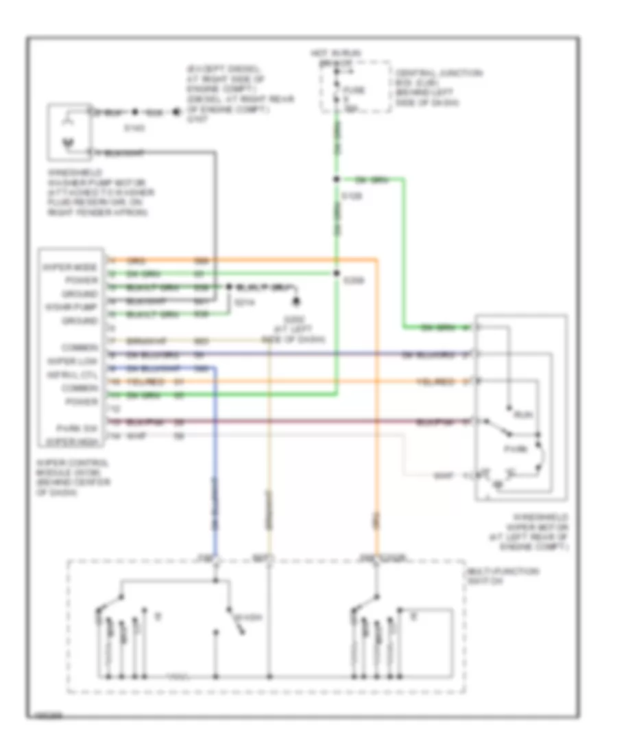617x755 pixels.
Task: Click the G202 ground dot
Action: coord(297,302)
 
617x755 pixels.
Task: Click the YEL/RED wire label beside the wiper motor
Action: coord(434,381)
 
